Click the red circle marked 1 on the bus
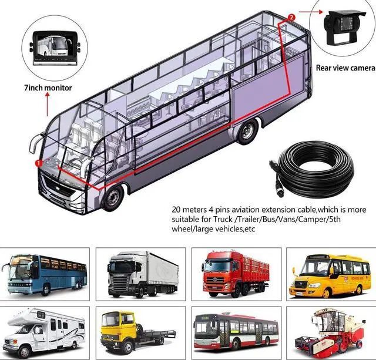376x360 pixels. (x=39, y=162)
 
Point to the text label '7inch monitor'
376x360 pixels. (x=48, y=88)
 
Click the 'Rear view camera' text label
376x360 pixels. (x=345, y=68)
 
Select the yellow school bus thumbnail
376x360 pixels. (x=325, y=273)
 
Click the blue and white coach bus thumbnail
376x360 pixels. (x=45, y=273)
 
